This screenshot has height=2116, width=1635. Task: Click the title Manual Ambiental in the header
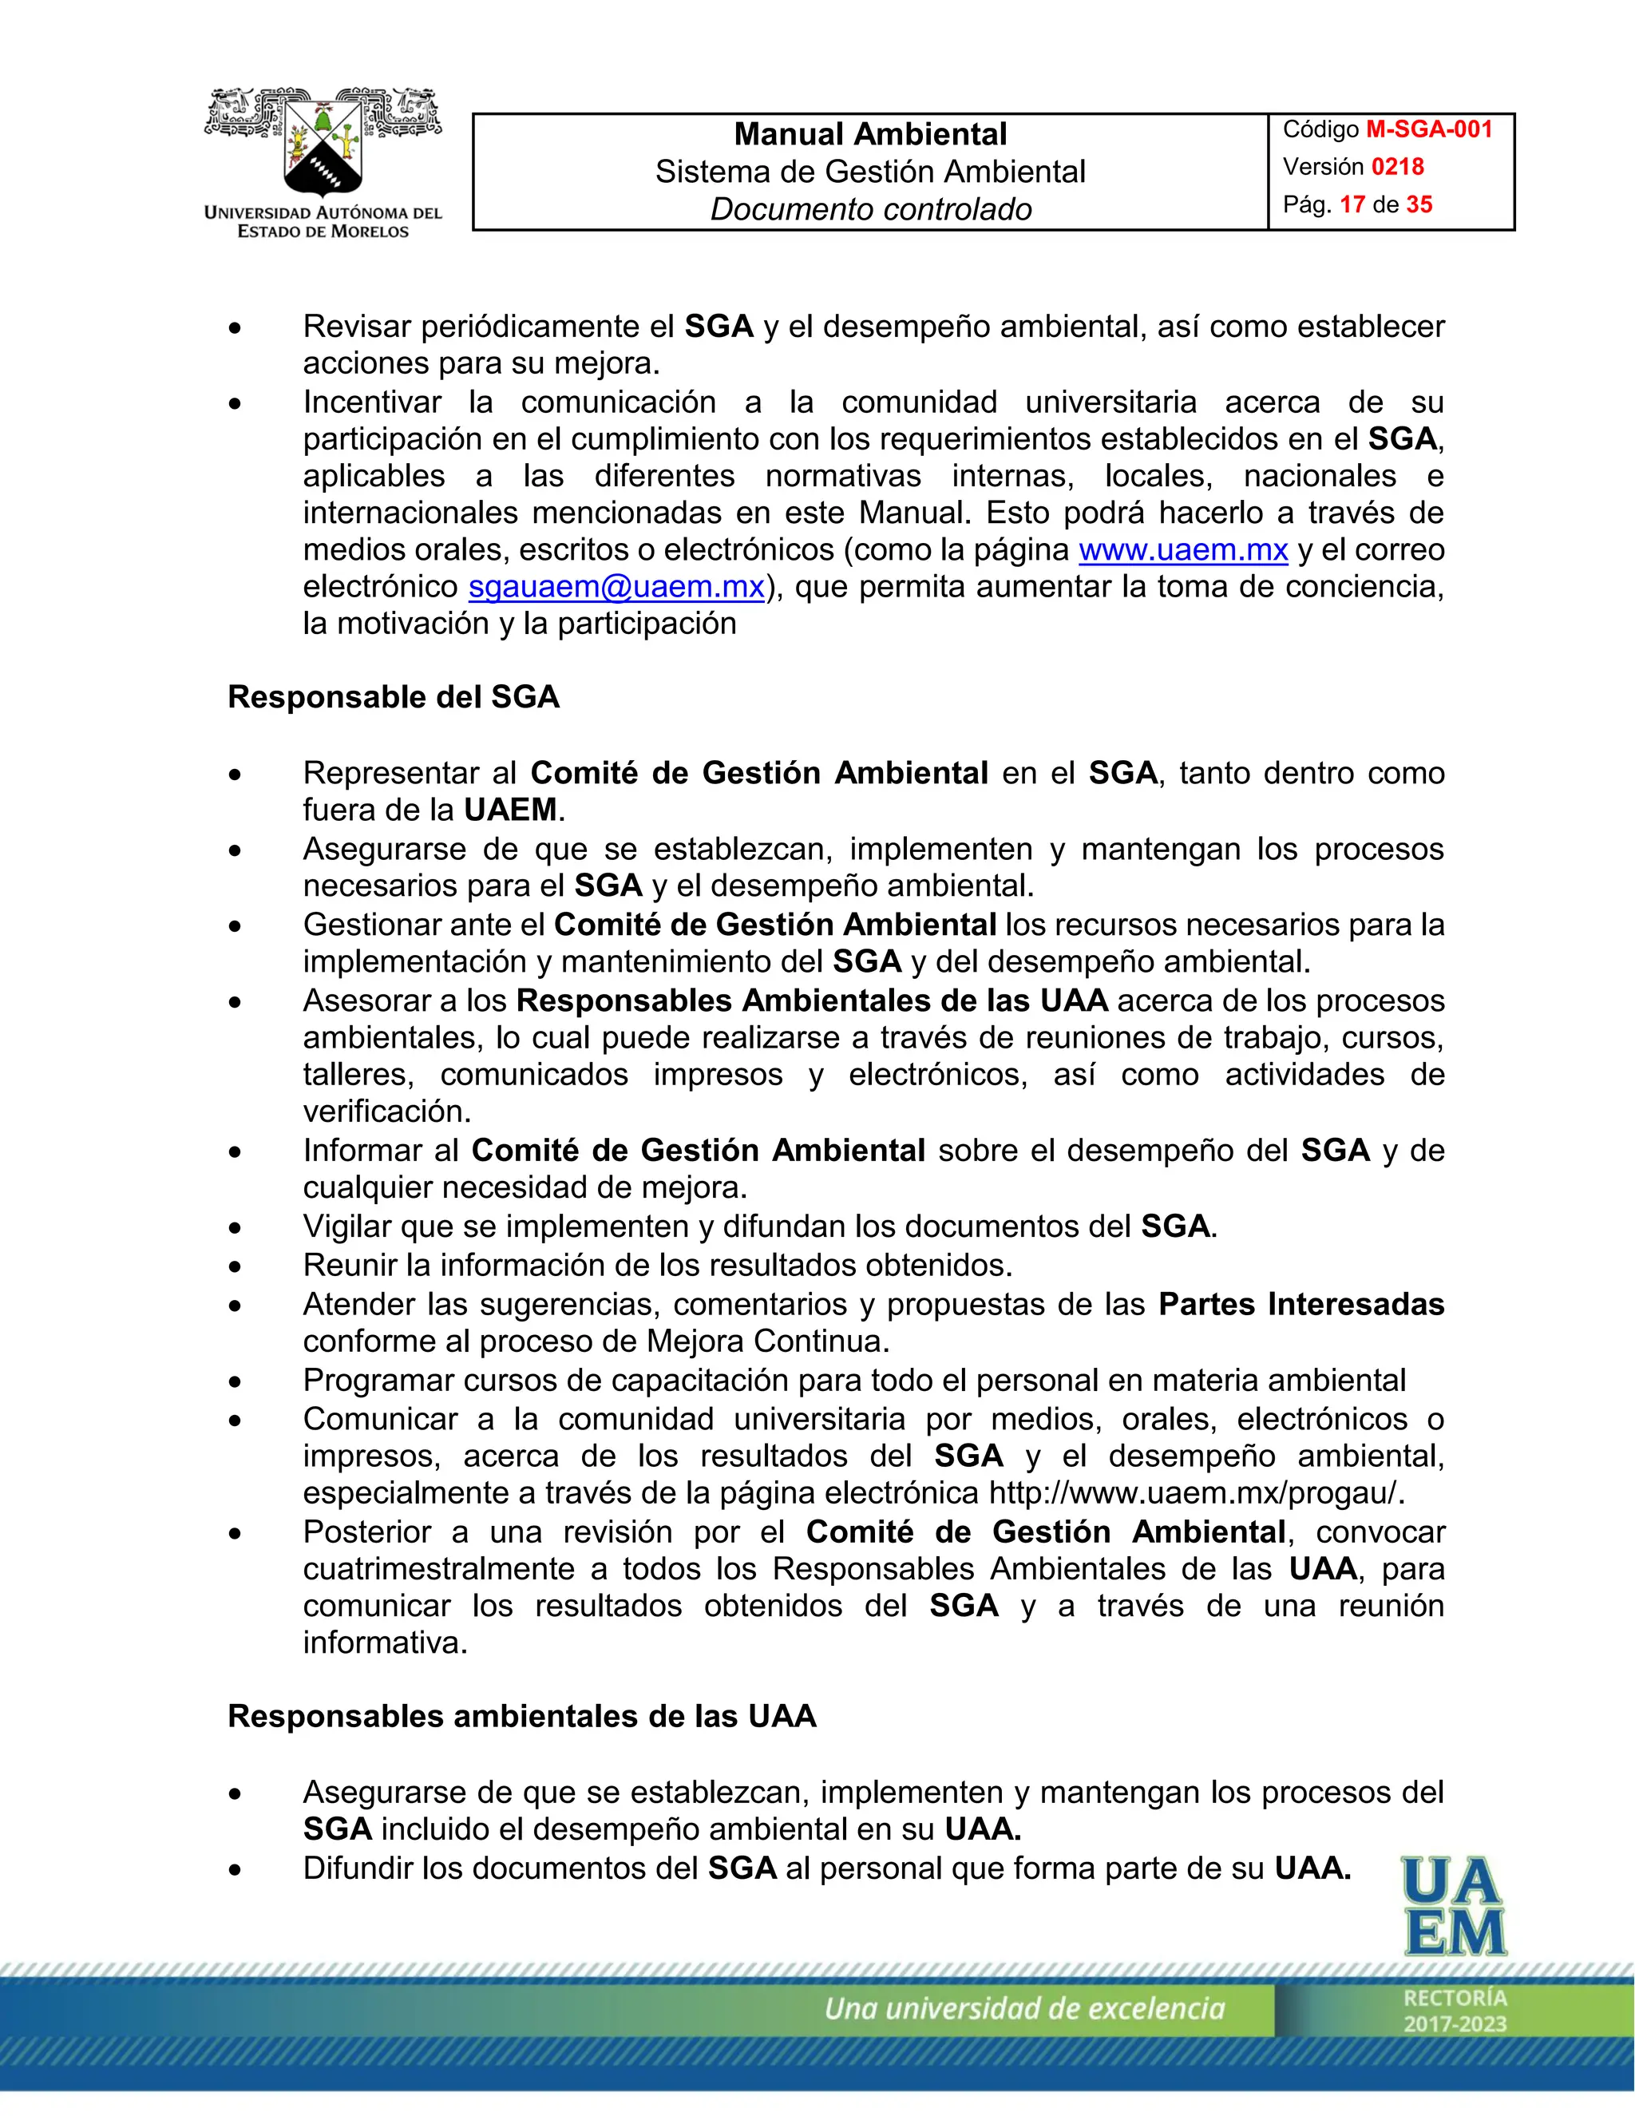pos(870,133)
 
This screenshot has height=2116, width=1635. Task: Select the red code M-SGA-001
pos(1429,130)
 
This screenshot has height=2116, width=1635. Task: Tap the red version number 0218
pos(1397,167)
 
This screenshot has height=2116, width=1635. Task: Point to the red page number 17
pos(1352,204)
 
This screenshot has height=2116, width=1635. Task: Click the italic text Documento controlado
pos(870,209)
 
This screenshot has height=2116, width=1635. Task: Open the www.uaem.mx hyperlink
pos(1182,549)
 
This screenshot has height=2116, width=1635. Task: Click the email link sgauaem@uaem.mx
pos(616,586)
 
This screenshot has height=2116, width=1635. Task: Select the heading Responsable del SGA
pos(394,696)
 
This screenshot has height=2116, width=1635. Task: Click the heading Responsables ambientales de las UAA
pos(521,1716)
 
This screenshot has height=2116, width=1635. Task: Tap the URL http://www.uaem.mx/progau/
pos(1195,1493)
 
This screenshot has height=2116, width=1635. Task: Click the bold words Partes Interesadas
pos(1300,1304)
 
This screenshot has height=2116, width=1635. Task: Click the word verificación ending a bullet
pos(386,1111)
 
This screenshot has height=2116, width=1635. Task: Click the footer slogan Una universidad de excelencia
pos(1023,2008)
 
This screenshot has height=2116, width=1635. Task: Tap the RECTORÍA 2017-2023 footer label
pos(1455,2011)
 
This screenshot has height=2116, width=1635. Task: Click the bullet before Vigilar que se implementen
pos(236,1227)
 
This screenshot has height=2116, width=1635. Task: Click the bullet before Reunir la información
pos(236,1266)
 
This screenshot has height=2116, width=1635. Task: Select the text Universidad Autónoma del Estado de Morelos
pos(323,222)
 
